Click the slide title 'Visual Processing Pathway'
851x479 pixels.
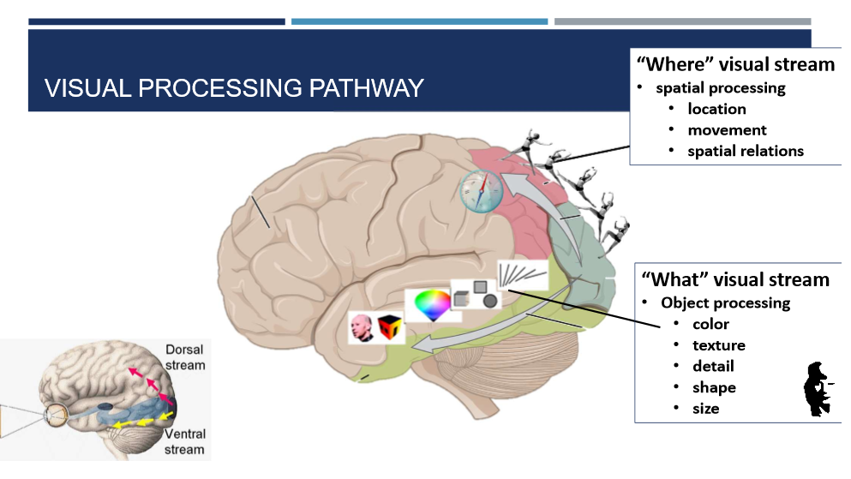(x=234, y=88)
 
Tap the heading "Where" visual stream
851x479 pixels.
(x=734, y=64)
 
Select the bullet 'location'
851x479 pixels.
(x=716, y=109)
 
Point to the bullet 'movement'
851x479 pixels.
(x=727, y=130)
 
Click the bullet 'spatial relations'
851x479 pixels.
(x=746, y=151)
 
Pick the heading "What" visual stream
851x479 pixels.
(x=735, y=279)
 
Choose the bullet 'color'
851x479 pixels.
(x=710, y=324)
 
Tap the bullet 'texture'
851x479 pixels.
(x=718, y=345)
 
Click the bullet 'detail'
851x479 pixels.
(x=713, y=366)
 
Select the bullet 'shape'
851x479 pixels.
(x=714, y=387)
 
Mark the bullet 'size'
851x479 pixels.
(x=705, y=409)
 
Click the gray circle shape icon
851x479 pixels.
(x=490, y=300)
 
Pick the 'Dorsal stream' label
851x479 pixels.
(x=184, y=357)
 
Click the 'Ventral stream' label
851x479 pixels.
(x=184, y=441)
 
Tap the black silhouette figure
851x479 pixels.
(x=818, y=390)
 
